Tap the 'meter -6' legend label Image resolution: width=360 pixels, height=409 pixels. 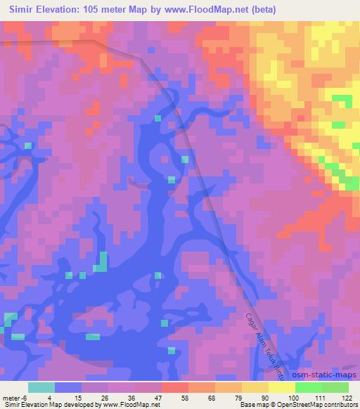point(15,397)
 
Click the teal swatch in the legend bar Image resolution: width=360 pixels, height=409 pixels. point(41,387)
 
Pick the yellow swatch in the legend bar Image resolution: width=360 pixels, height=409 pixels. point(255,387)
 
